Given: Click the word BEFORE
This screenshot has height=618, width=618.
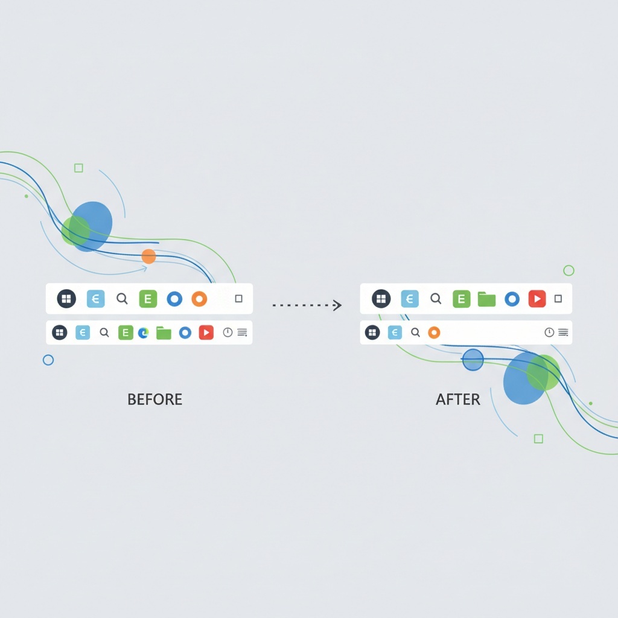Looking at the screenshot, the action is click(155, 400).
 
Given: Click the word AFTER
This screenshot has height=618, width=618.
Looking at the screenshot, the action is click(458, 400).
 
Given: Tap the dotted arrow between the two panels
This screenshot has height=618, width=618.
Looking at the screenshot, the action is click(307, 305).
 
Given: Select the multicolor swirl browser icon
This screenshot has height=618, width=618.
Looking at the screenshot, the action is click(144, 333).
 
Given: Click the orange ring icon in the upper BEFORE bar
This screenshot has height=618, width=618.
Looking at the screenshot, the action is click(199, 299).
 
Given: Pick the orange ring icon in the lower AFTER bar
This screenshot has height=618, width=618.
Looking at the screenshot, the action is click(434, 333).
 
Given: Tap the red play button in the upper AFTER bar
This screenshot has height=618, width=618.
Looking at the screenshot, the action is click(537, 299).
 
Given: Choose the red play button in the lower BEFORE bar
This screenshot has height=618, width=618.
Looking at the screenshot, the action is click(206, 333).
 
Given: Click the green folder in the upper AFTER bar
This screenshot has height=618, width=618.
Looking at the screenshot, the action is click(487, 299).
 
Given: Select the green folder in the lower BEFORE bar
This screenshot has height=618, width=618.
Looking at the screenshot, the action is click(164, 333).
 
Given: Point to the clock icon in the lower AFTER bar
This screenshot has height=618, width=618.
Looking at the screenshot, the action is click(549, 333).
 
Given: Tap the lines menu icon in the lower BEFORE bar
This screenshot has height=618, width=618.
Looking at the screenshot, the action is click(243, 333).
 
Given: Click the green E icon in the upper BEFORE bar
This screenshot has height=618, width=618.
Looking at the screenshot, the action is click(148, 299).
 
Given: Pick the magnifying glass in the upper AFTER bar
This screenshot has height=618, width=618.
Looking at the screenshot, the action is click(436, 299).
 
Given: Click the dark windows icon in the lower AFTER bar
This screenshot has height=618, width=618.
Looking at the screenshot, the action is click(372, 333).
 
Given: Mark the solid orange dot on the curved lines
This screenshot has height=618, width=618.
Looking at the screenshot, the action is click(148, 256).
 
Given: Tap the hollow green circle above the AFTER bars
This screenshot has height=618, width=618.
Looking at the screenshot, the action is click(569, 270).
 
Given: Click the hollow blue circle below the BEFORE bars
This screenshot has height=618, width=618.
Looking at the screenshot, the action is click(48, 360).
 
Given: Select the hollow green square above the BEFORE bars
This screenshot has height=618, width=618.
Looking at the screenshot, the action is click(79, 168).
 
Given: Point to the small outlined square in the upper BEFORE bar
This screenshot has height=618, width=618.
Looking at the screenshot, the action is click(238, 299).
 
